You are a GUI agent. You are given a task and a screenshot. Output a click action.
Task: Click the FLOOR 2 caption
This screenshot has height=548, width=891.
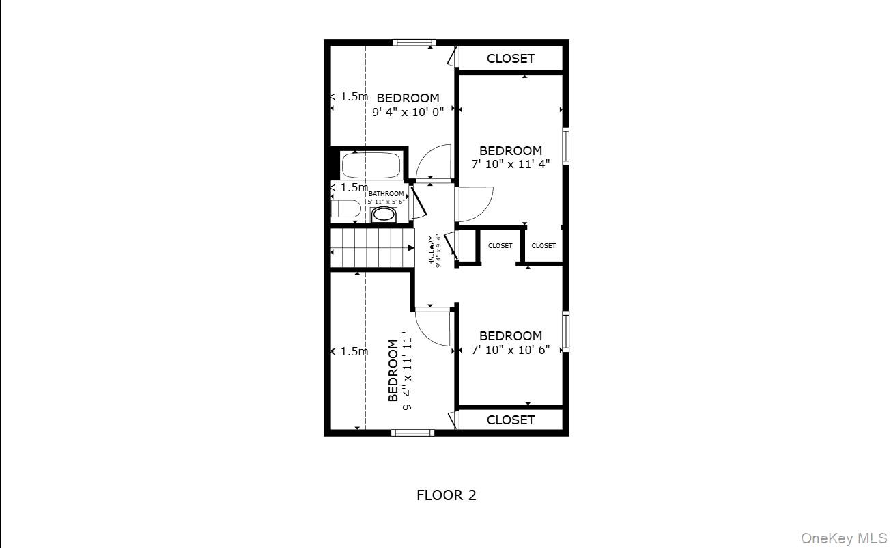click(446, 495)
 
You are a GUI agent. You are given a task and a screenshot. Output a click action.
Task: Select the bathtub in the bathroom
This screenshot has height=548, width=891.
click(371, 165)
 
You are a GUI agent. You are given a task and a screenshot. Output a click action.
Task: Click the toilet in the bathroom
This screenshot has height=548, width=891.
click(345, 209)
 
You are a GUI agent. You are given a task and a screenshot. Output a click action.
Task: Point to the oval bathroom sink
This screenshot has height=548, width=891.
click(384, 215)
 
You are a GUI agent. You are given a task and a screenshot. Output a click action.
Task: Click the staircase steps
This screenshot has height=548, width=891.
click(372, 247)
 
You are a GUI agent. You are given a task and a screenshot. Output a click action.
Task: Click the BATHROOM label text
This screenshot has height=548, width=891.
click(386, 194)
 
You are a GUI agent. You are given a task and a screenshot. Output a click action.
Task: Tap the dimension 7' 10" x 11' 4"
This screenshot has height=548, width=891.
click(510, 164)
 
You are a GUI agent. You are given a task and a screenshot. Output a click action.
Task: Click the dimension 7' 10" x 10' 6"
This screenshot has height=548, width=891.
click(510, 350)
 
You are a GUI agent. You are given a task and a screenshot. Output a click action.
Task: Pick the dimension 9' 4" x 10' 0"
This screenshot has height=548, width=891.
click(408, 112)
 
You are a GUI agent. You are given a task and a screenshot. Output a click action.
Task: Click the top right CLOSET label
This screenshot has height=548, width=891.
click(510, 59)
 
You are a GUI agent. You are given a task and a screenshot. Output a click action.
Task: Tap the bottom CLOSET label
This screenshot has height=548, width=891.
click(510, 420)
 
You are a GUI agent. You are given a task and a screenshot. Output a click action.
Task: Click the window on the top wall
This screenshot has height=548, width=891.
click(414, 42)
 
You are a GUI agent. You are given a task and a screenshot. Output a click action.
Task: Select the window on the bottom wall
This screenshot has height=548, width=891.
click(412, 433)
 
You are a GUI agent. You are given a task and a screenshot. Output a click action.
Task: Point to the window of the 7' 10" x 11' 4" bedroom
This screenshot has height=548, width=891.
click(565, 146)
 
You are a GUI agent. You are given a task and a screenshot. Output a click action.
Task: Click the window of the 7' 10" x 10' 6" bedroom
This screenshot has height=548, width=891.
click(565, 331)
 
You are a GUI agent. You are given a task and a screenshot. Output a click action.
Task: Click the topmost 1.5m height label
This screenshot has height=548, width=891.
click(352, 97)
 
